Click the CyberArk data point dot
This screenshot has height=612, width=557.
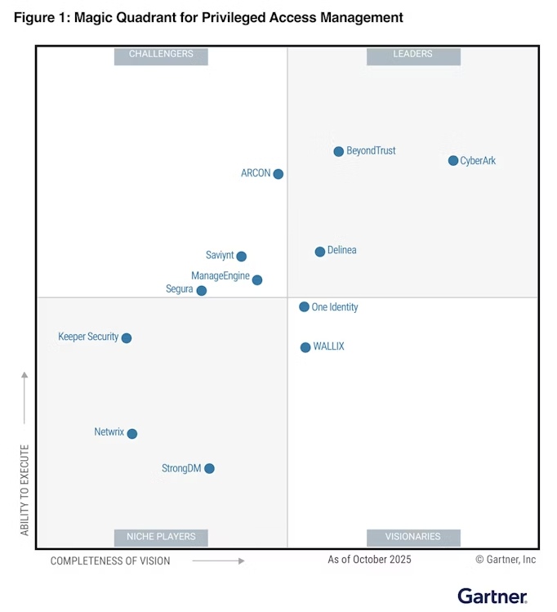click(x=453, y=160)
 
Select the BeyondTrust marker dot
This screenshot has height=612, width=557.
click(x=339, y=151)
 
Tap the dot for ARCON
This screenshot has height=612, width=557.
click(x=278, y=174)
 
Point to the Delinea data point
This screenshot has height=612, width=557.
click(x=320, y=252)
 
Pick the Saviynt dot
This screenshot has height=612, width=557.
click(x=242, y=257)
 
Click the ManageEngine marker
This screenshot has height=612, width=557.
click(x=257, y=280)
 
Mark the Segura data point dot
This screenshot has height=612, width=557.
click(x=202, y=291)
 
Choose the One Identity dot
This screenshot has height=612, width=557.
click(x=305, y=307)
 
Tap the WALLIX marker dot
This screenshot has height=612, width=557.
click(x=305, y=347)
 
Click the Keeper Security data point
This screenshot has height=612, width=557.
click(x=127, y=338)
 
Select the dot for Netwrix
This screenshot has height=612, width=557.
click(x=132, y=434)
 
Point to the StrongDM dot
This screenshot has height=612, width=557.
click(x=209, y=469)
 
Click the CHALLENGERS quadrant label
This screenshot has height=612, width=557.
click(x=161, y=55)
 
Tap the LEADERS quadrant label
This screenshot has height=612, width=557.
click(x=413, y=55)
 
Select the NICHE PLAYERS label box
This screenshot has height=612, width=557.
click(x=161, y=537)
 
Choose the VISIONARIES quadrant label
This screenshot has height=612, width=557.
click(x=413, y=537)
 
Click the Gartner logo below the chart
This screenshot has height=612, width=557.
click(x=492, y=596)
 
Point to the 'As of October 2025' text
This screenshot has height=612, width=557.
click(x=369, y=560)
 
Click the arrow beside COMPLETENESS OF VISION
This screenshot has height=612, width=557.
click(x=218, y=561)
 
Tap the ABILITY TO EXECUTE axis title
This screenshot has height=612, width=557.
click(x=25, y=489)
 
